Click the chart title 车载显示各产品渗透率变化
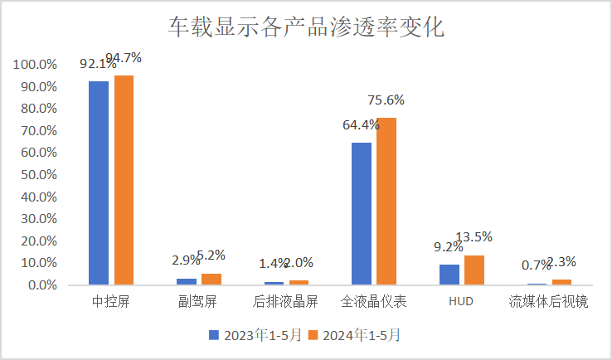tap(306, 27)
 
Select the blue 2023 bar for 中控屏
tap(99, 182)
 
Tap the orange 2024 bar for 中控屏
tap(124, 180)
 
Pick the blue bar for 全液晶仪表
tap(362, 213)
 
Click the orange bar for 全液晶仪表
tap(386, 201)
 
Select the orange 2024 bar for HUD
tap(474, 270)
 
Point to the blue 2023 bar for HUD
tap(449, 275)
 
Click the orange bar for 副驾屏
tap(211, 279)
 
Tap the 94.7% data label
tap(124, 58)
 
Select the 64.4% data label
tap(361, 125)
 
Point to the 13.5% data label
tap(474, 237)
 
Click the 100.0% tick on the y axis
tap(35, 65)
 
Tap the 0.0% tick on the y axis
tap(41, 285)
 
